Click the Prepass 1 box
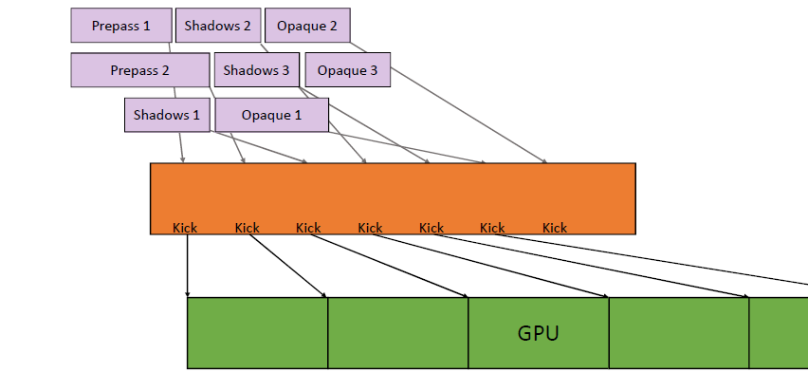[x=121, y=26]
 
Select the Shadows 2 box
[x=218, y=26]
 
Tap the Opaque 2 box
[x=307, y=26]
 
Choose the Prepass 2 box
[x=140, y=70]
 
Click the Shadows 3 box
[x=257, y=70]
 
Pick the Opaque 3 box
[x=348, y=70]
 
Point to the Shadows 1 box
[x=167, y=115]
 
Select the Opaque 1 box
[x=271, y=115]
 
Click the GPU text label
[x=538, y=333]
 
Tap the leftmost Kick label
[x=185, y=228]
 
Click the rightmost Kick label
[x=555, y=228]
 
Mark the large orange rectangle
[x=393, y=198]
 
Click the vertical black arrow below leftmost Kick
[x=187, y=266]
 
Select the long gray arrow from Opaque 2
[x=449, y=102]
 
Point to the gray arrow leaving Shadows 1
[x=181, y=147]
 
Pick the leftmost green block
[x=257, y=333]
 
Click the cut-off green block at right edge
[x=779, y=333]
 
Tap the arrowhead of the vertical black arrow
[x=187, y=294]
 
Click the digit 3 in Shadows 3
[x=285, y=70]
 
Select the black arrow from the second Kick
[x=287, y=266]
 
